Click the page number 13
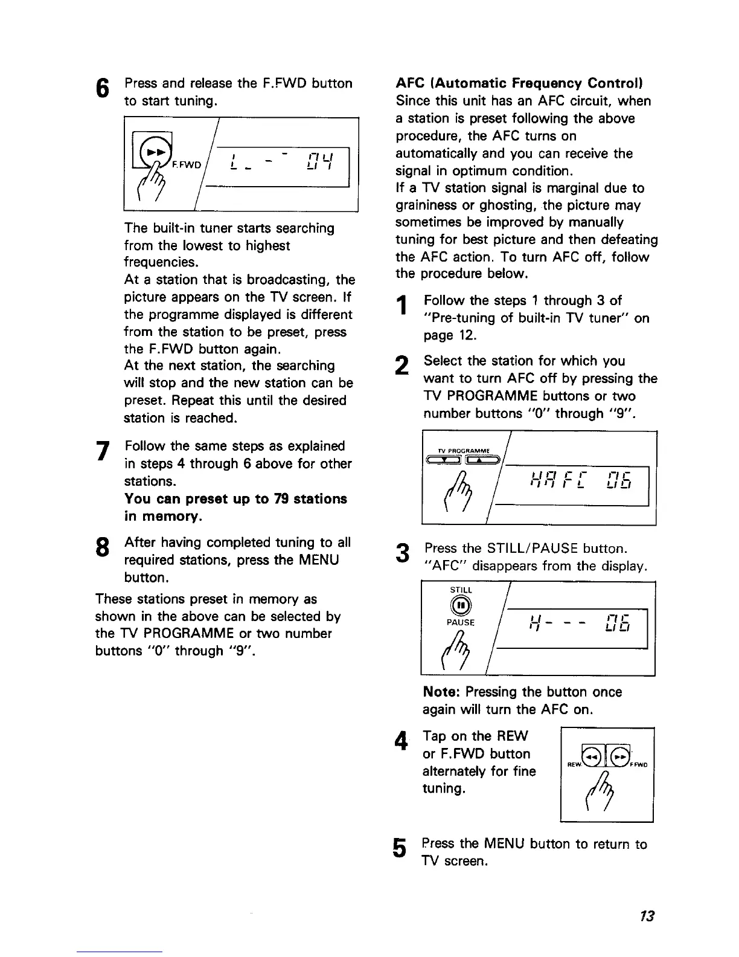pyautogui.click(x=647, y=917)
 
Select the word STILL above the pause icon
pyautogui.click(x=461, y=590)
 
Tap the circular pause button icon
pyautogui.click(x=461, y=606)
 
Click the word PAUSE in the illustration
pyautogui.click(x=461, y=622)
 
